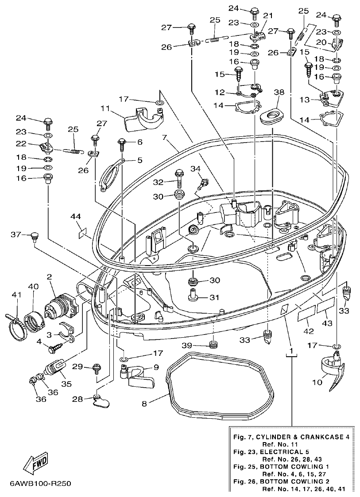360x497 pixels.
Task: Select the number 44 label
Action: (x=76, y=216)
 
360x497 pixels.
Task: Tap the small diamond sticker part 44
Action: (x=82, y=233)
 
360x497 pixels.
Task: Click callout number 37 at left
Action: (x=16, y=234)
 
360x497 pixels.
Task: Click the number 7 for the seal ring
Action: (x=164, y=138)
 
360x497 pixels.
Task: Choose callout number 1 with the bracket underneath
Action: (x=290, y=351)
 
